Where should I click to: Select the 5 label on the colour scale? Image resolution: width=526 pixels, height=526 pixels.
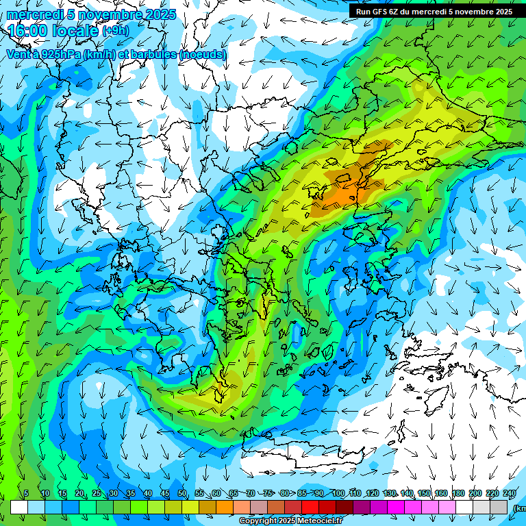tap(26, 494)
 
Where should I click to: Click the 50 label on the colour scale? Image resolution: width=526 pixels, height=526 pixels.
tap(182, 494)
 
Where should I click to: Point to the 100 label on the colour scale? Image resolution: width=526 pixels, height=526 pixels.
tap(338, 494)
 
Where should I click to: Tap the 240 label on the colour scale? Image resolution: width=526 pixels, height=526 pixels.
tap(510, 494)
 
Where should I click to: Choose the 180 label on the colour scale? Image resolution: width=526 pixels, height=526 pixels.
tap(458, 494)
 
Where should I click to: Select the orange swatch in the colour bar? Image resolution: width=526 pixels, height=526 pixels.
tap(225, 507)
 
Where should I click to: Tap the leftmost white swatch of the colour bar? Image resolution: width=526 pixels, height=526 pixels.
tap(18, 507)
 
